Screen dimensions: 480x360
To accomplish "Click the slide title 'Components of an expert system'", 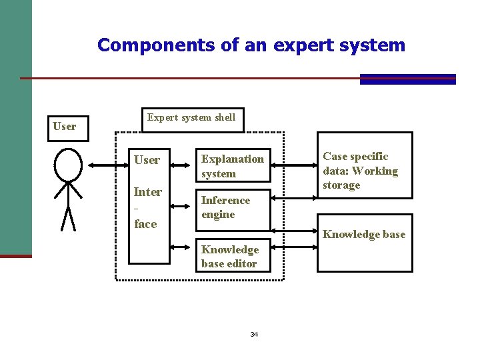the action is (x=251, y=45).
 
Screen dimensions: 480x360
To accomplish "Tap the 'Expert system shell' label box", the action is (x=191, y=118).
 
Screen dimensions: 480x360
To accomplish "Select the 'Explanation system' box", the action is (x=233, y=166).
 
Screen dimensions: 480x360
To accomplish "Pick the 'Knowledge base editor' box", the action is (x=229, y=257).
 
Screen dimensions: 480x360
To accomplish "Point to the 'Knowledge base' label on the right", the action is (x=364, y=234).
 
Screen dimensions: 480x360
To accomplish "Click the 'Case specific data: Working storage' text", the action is (x=360, y=171).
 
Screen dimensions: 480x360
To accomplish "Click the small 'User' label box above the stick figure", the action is (x=65, y=126).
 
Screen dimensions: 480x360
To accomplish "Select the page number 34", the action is (x=254, y=334).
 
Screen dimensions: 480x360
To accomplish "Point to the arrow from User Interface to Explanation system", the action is (x=182, y=165).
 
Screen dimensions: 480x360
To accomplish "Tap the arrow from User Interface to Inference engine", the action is (x=182, y=207).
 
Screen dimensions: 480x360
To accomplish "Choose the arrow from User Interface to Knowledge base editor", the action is (x=182, y=247).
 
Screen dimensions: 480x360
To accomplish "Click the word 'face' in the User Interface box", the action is (x=145, y=224).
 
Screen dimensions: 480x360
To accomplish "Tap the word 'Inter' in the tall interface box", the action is (x=148, y=192).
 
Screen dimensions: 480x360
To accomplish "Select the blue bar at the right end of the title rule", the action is (x=407, y=79).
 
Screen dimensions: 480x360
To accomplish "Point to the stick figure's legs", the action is (x=67, y=217).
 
